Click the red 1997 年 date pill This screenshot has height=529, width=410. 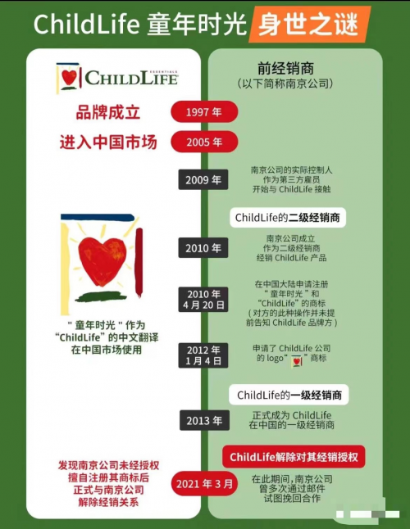tap(204, 111)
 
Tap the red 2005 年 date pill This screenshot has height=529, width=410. tap(204, 142)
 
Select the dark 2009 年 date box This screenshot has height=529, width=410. tap(203, 180)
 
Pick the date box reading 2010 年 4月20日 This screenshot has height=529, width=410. tap(203, 299)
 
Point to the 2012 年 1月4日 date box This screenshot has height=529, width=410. tap(203, 355)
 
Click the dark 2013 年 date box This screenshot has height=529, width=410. tap(204, 420)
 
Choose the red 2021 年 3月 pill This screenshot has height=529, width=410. tap(204, 484)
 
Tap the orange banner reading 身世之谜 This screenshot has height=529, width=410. tap(308, 25)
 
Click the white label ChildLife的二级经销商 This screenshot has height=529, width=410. tap(288, 218)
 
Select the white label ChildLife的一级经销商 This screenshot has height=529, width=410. tap(289, 395)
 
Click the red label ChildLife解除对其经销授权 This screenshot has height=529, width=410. tap(294, 457)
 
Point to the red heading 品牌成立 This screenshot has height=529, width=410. tap(108, 112)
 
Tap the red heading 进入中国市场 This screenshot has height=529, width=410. tap(108, 142)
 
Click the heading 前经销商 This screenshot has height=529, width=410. tap(285, 69)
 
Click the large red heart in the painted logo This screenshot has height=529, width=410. tap(102, 260)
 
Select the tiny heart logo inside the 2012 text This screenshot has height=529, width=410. tap(297, 360)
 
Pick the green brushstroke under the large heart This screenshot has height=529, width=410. tap(101, 296)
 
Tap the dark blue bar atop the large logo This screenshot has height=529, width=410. tap(98, 218)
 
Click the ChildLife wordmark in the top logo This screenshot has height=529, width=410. tap(131, 78)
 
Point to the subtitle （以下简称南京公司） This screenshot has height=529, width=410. tap(285, 84)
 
